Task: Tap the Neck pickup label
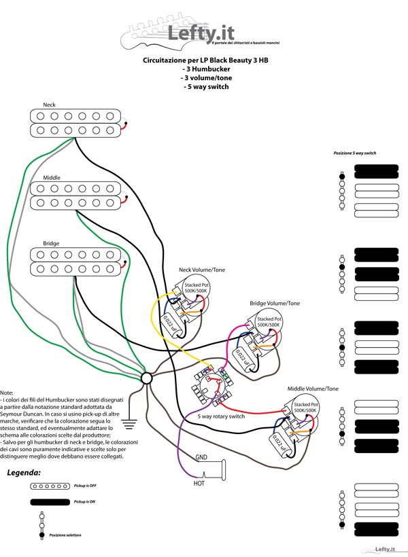50,105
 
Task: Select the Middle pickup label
52,177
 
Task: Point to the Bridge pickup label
51,243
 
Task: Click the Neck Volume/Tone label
201,270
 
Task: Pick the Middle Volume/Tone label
312,389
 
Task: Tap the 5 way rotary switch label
221,416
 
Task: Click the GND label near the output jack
202,457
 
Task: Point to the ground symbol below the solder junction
130,425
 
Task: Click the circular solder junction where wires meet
146,378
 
